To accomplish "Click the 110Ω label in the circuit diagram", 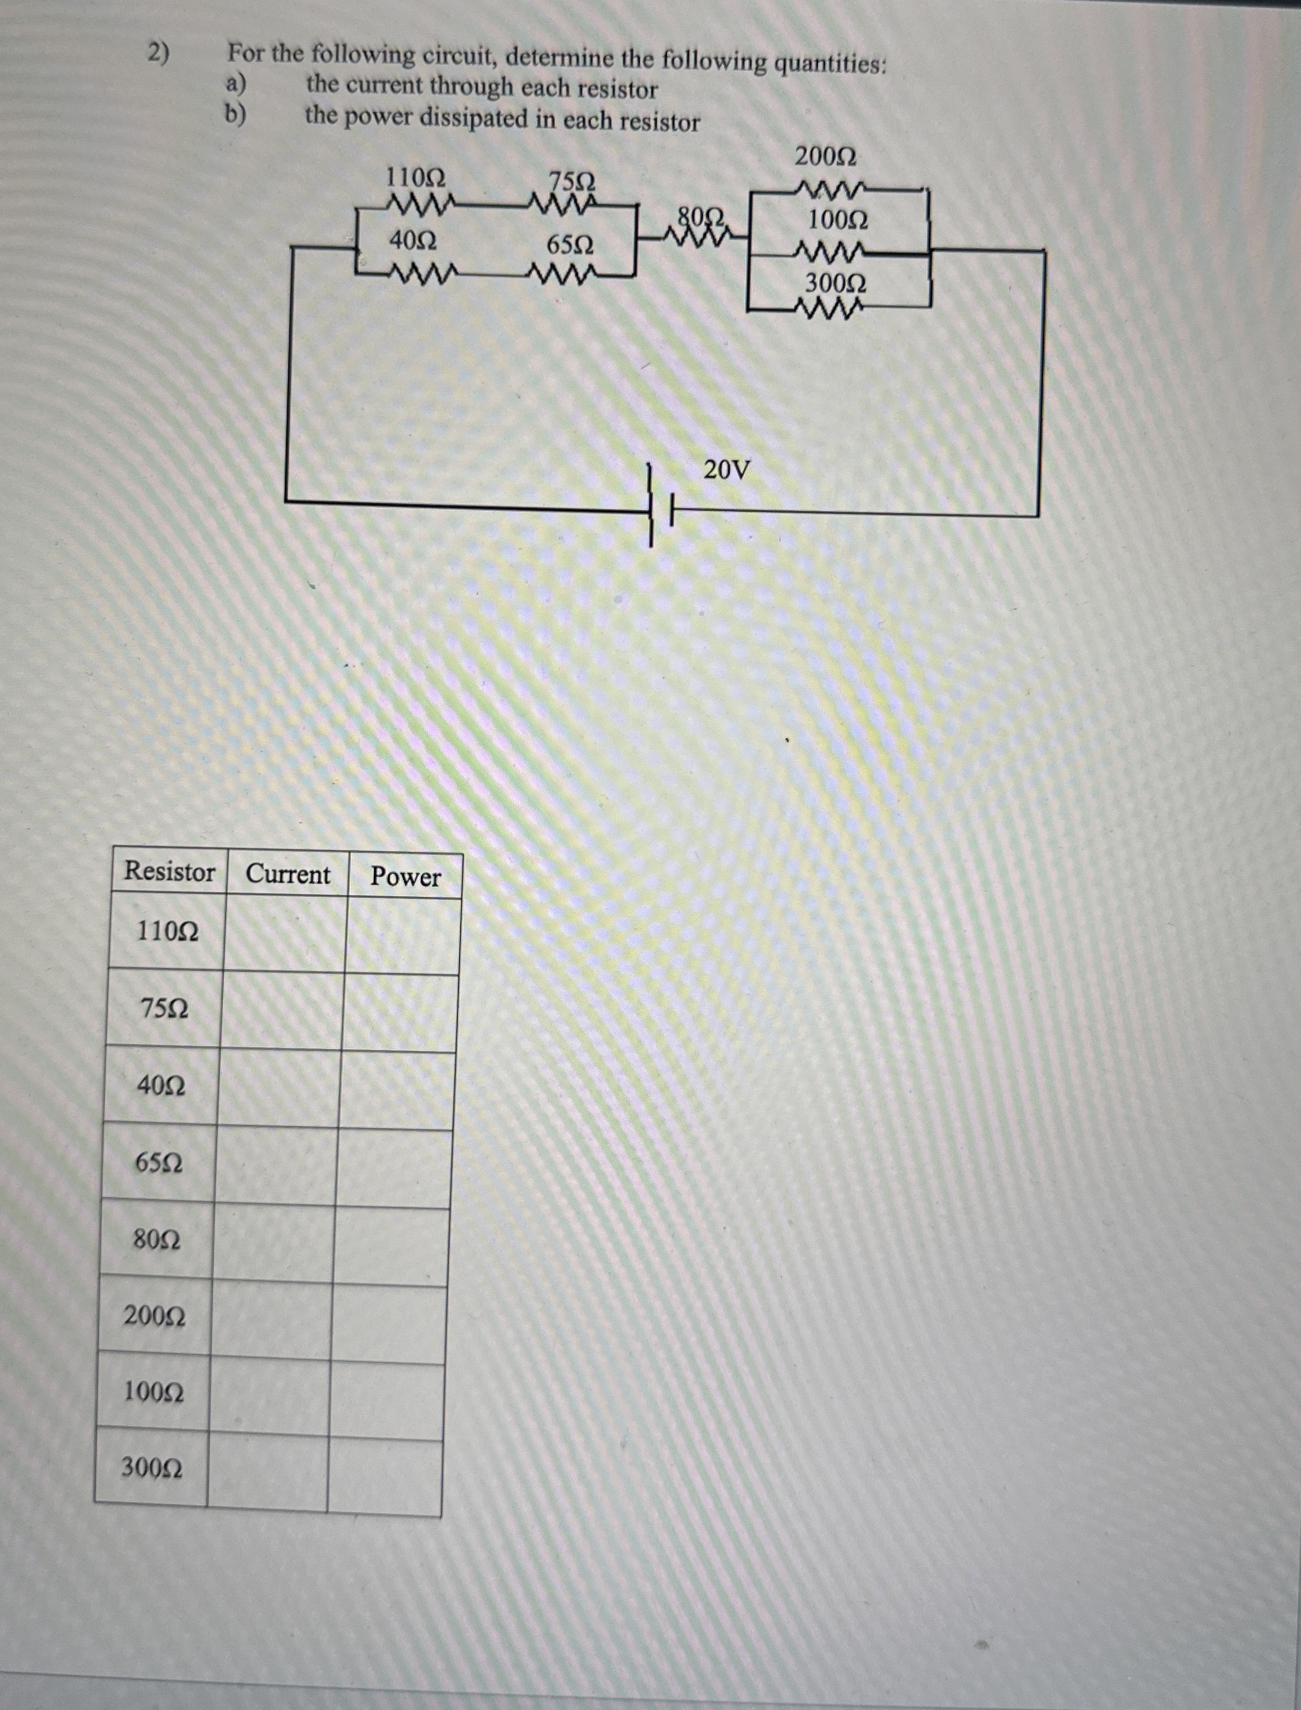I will pyautogui.click(x=415, y=178).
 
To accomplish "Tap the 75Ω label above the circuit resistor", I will pyautogui.click(x=571, y=183).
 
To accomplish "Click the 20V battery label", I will pyautogui.click(x=726, y=468).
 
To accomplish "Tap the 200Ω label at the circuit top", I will pyautogui.click(x=826, y=157).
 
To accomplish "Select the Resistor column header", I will pyautogui.click(x=170, y=872).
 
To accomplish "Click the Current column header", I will pyautogui.click(x=287, y=875).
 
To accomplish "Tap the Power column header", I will pyautogui.click(x=405, y=877).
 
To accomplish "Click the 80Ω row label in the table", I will pyautogui.click(x=157, y=1240).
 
